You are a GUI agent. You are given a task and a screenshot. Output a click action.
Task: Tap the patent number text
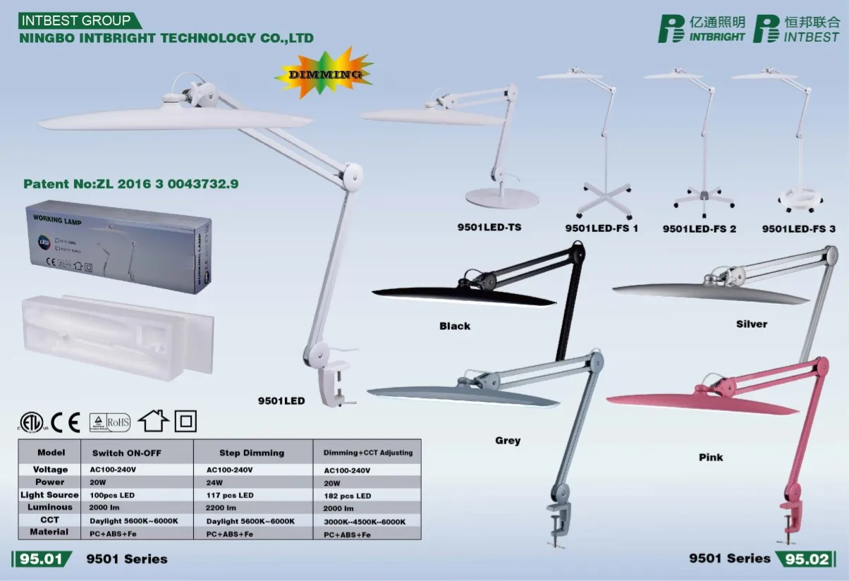point(131,184)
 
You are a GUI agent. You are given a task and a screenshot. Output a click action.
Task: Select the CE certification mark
point(65,422)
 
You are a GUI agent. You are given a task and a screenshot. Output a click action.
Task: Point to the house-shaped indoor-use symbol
point(153,421)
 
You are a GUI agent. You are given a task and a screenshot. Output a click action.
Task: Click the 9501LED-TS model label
point(489,227)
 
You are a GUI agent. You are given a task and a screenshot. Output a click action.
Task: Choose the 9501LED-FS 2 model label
point(699,228)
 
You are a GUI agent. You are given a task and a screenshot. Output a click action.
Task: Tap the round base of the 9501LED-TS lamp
point(501,199)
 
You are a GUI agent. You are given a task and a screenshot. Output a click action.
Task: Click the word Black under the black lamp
point(455,326)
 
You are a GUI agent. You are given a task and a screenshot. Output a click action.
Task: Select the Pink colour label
point(711,457)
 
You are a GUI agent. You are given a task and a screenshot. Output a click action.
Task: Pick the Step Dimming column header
point(252,453)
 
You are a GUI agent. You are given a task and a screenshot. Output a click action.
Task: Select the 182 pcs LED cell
point(348,496)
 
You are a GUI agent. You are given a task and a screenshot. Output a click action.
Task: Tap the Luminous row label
point(50,507)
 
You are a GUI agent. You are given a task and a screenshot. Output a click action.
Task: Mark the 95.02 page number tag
point(807,559)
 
